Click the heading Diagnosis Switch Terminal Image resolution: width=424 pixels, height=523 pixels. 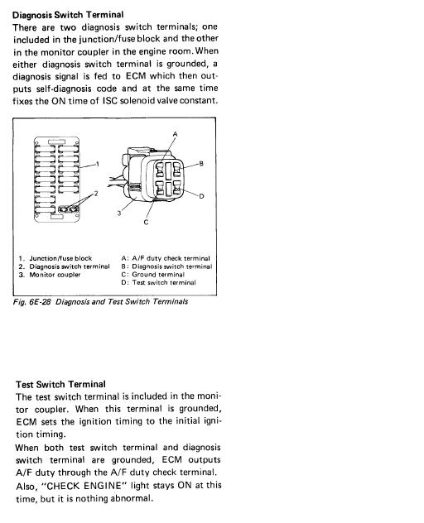[68, 15]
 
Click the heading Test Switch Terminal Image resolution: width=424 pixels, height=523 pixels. [60, 384]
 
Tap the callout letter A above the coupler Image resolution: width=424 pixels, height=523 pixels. [176, 134]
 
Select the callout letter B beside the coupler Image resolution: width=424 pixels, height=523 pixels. [201, 164]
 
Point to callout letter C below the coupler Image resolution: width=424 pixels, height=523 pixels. [146, 222]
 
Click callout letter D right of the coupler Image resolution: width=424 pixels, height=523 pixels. [201, 196]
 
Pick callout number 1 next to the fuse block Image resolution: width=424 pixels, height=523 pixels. [98, 164]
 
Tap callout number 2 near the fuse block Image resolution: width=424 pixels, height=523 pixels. [96, 194]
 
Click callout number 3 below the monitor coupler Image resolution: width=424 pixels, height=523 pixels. [119, 213]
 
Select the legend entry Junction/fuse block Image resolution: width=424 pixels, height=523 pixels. [60, 258]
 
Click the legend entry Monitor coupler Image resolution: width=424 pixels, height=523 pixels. [55, 275]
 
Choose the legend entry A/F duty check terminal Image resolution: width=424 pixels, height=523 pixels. [171, 258]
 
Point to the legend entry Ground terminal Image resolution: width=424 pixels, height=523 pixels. [158, 275]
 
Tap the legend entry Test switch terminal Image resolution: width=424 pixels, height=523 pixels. [164, 282]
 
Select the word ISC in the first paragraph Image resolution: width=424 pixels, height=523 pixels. [110, 100]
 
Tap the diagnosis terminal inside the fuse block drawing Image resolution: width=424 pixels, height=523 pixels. [69, 209]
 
